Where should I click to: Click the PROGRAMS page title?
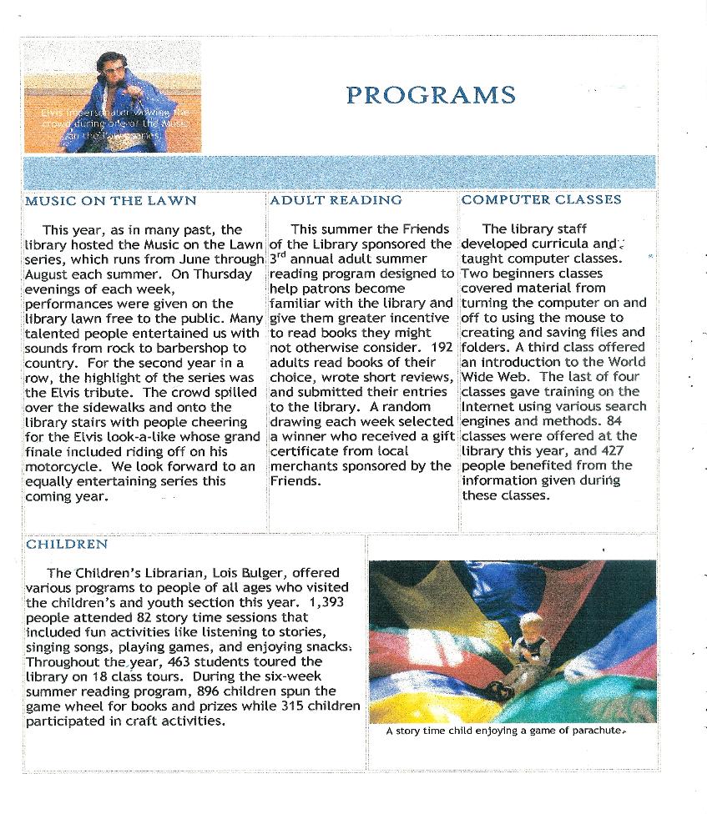[x=430, y=95]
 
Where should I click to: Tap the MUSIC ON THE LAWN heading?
[x=111, y=201]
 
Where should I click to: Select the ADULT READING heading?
[x=336, y=200]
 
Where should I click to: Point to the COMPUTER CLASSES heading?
[x=541, y=200]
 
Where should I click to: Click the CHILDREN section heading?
[x=67, y=545]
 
